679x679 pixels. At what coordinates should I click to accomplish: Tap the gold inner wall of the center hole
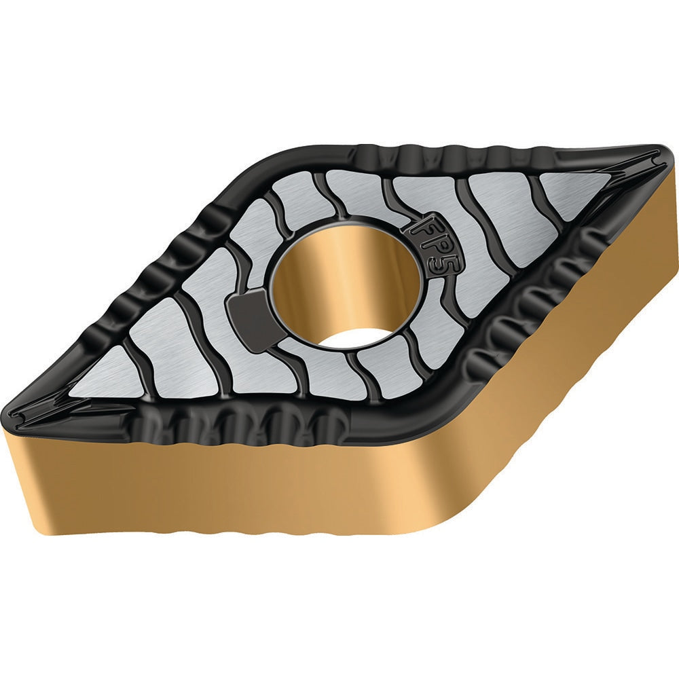(326, 272)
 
